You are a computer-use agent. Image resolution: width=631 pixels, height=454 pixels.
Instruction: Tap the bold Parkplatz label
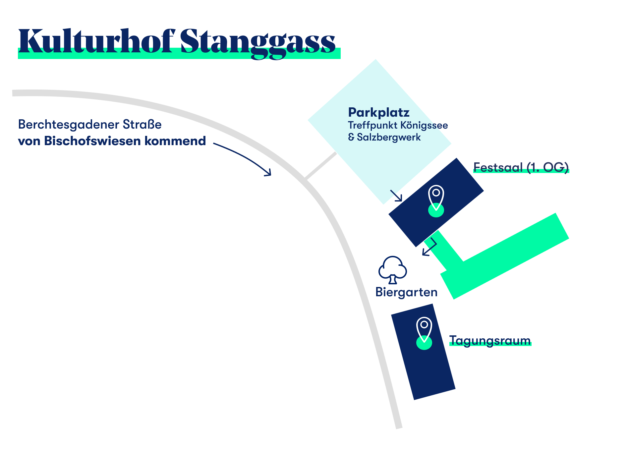pyautogui.click(x=379, y=113)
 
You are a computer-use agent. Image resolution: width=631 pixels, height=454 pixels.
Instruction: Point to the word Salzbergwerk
pyautogui.click(x=389, y=137)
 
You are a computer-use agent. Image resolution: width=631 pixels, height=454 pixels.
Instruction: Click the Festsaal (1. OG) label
pyautogui.click(x=521, y=167)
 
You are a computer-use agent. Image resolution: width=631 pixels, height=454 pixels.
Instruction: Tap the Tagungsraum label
pyautogui.click(x=490, y=341)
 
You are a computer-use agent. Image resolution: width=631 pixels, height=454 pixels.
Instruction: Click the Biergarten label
pyautogui.click(x=407, y=292)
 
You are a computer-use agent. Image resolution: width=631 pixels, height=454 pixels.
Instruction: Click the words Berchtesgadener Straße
pyautogui.click(x=90, y=125)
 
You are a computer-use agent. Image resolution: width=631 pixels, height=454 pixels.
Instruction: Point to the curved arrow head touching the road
pyautogui.click(x=268, y=172)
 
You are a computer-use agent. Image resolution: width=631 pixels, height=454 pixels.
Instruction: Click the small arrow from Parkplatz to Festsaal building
pyautogui.click(x=396, y=196)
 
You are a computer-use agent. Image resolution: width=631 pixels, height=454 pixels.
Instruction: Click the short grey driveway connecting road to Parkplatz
pyautogui.click(x=320, y=166)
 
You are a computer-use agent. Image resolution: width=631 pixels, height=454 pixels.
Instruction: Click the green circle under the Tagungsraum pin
pyautogui.click(x=424, y=343)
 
